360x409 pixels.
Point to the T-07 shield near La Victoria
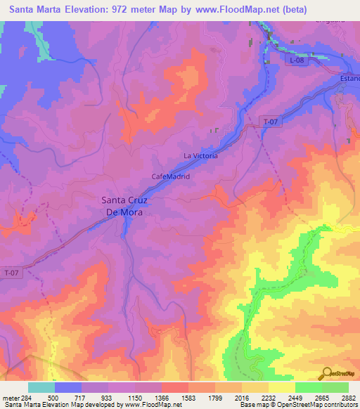click(x=271, y=121)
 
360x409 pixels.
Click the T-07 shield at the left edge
click(x=12, y=272)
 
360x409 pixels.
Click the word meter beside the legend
click(x=11, y=396)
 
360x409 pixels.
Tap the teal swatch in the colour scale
click(x=41, y=387)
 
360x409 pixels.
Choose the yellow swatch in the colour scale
click(x=281, y=387)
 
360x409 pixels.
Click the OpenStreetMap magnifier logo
click(x=326, y=373)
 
